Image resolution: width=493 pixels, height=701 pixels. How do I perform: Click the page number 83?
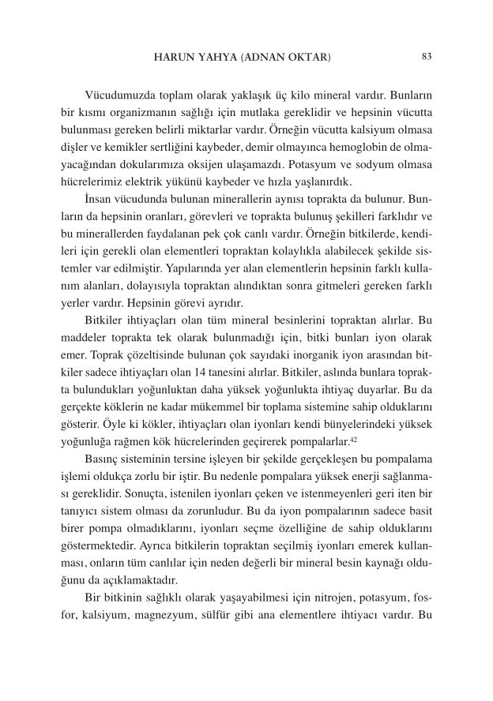427,57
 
